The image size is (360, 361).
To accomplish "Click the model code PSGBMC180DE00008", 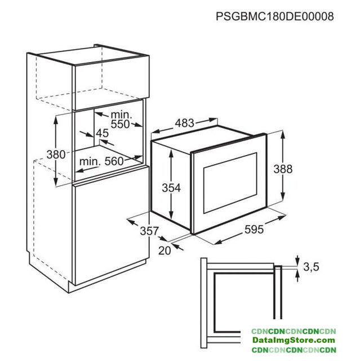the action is (275, 16).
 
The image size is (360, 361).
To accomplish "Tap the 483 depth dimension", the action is (185, 123).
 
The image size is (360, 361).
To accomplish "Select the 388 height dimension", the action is (283, 169).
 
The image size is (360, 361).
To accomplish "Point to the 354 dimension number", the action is (171, 188).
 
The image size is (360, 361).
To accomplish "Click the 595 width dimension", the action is (254, 230).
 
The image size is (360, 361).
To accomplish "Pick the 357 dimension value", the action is (149, 231).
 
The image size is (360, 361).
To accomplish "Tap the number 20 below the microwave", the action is (165, 250).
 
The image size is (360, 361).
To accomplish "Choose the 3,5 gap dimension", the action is (311, 267).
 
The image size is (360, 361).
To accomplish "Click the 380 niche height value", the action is (56, 154).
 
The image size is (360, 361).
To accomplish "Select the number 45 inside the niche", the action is (103, 133).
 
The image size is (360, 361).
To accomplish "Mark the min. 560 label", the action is (101, 161).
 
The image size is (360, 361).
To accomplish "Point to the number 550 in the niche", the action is (120, 124).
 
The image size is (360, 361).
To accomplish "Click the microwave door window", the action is (230, 183).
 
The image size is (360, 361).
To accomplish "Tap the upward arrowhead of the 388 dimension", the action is (283, 135).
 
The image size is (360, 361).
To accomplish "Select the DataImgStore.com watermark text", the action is (294, 340).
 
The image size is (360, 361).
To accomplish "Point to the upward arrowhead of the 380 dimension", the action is (56, 121).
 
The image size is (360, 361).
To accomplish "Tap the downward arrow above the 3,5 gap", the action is (297, 260).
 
